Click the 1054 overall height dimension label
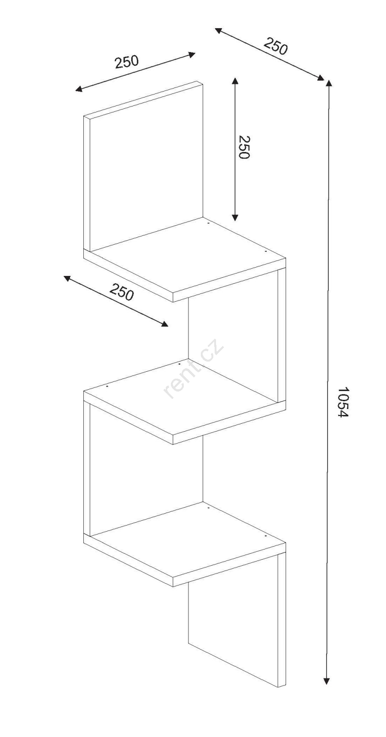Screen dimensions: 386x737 point(343,402)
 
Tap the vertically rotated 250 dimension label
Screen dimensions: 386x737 point(244,147)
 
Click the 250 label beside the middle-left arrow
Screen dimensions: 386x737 point(122,292)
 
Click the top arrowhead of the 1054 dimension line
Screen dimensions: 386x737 point(328,82)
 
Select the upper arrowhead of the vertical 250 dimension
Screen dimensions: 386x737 point(234,81)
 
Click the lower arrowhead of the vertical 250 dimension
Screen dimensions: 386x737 point(234,217)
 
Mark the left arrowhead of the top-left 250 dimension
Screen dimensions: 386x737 point(79,89)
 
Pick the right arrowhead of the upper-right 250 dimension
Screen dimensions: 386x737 point(320,78)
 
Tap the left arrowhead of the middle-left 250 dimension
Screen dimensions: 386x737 point(67,278)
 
